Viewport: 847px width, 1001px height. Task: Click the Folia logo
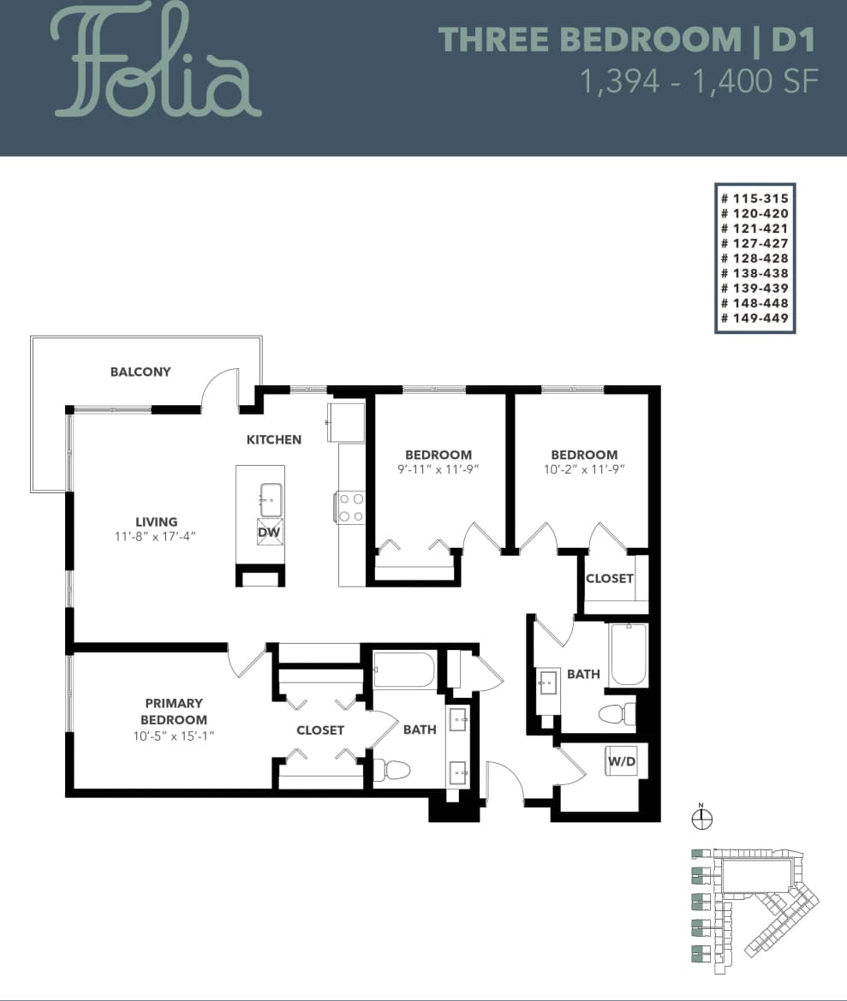click(158, 63)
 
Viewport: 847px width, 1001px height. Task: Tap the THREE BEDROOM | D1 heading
click(626, 40)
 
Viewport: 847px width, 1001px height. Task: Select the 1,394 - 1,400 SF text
click(699, 81)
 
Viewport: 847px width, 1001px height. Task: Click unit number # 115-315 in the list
click(755, 198)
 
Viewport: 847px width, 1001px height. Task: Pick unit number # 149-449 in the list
click(755, 319)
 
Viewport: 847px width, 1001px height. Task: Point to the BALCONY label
click(140, 372)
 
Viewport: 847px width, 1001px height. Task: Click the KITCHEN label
click(274, 440)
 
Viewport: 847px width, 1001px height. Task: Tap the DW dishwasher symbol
click(270, 533)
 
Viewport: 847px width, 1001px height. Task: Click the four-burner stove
click(351, 506)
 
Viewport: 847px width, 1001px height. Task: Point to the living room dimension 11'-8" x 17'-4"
click(156, 537)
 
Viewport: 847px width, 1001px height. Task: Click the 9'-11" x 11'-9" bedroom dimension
click(438, 469)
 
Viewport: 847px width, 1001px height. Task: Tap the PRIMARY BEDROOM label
click(174, 712)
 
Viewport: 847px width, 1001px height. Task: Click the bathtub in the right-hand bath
click(629, 655)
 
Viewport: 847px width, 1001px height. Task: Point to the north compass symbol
click(701, 819)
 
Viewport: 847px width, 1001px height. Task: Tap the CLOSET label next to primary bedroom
click(320, 730)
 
